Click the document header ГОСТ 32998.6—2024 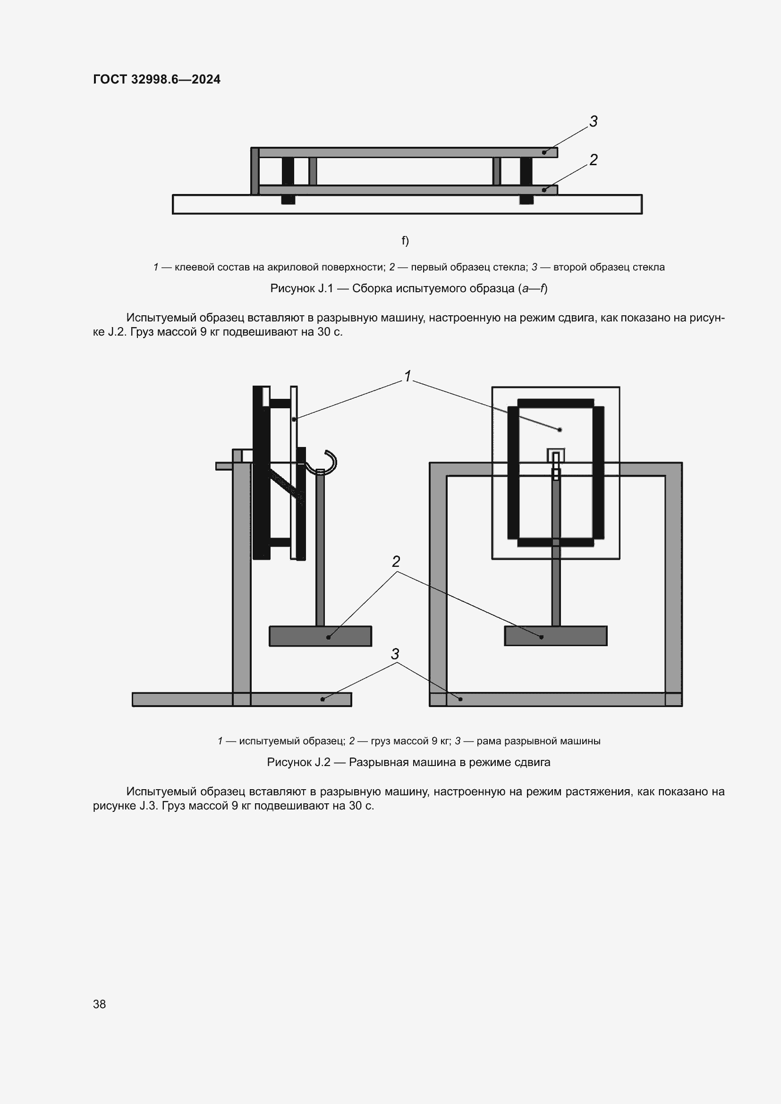tap(157, 79)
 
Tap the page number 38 tap(100, 1004)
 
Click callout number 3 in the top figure tap(594, 122)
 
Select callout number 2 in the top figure tap(594, 160)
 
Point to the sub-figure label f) tap(405, 240)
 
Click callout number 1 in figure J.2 tap(408, 377)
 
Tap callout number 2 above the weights tap(396, 562)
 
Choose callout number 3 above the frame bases tap(395, 654)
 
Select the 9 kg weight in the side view tap(320, 636)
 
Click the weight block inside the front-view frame tap(555, 636)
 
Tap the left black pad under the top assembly tap(288, 199)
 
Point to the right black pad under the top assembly tap(526, 199)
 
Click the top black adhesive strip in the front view tap(555, 403)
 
